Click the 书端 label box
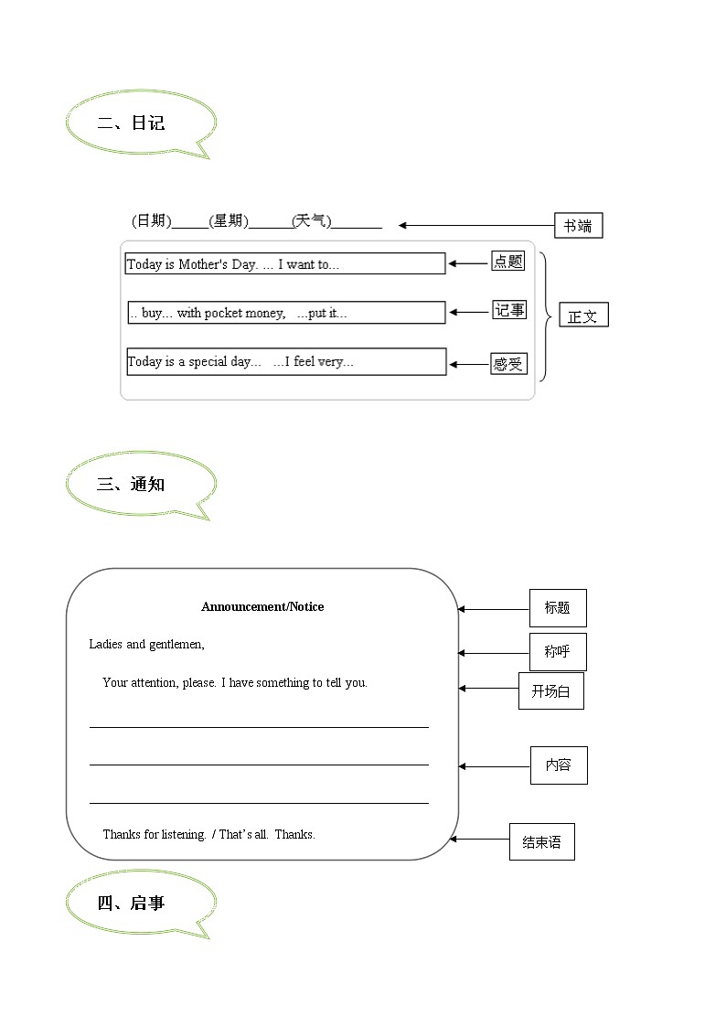[578, 226]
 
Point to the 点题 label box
[507, 262]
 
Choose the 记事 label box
[509, 310]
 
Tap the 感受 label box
[507, 364]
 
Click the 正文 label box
[582, 316]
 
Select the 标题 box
[558, 608]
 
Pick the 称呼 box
[558, 652]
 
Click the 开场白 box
[550, 691]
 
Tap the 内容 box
[559, 765]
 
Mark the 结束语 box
[541, 842]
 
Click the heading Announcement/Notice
[262, 606]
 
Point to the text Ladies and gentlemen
[147, 645]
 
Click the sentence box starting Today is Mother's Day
[285, 264]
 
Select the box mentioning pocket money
[286, 313]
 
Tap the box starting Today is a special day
[286, 361]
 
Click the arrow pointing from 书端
[475, 225]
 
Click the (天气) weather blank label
[312, 221]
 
